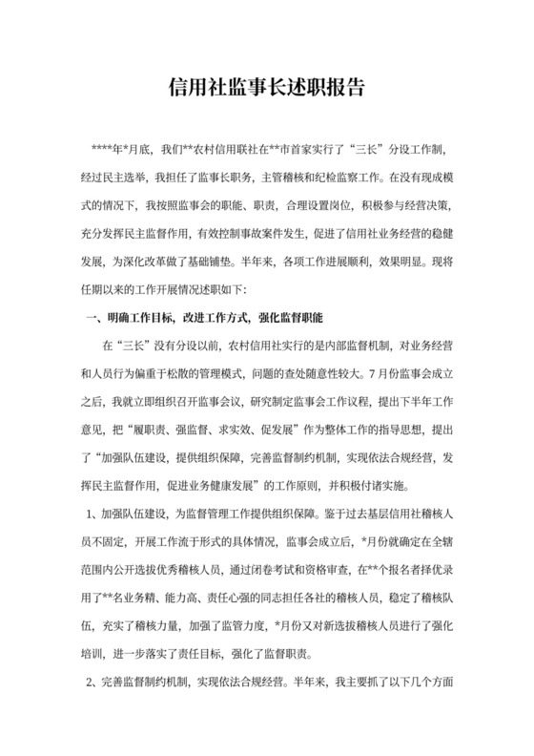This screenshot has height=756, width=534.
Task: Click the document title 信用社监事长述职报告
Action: pos(267,88)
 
